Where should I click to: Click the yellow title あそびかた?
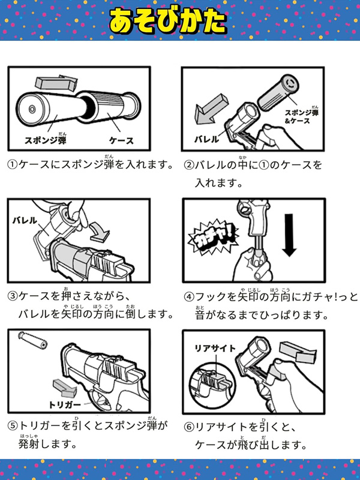point(168,21)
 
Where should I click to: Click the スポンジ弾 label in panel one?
point(46,139)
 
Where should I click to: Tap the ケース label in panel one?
point(122,141)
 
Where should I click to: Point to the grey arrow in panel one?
point(56,83)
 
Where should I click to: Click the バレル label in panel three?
point(25,220)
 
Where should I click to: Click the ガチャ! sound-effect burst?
point(213,238)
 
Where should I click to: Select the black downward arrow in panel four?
point(289,235)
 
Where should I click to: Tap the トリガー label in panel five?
point(65,404)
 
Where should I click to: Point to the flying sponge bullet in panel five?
point(33,339)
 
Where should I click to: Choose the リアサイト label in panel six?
point(215,349)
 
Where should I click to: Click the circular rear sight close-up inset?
point(212,383)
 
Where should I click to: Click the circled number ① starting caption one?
point(12,164)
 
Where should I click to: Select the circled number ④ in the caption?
point(189,297)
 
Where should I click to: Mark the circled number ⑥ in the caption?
point(189,427)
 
